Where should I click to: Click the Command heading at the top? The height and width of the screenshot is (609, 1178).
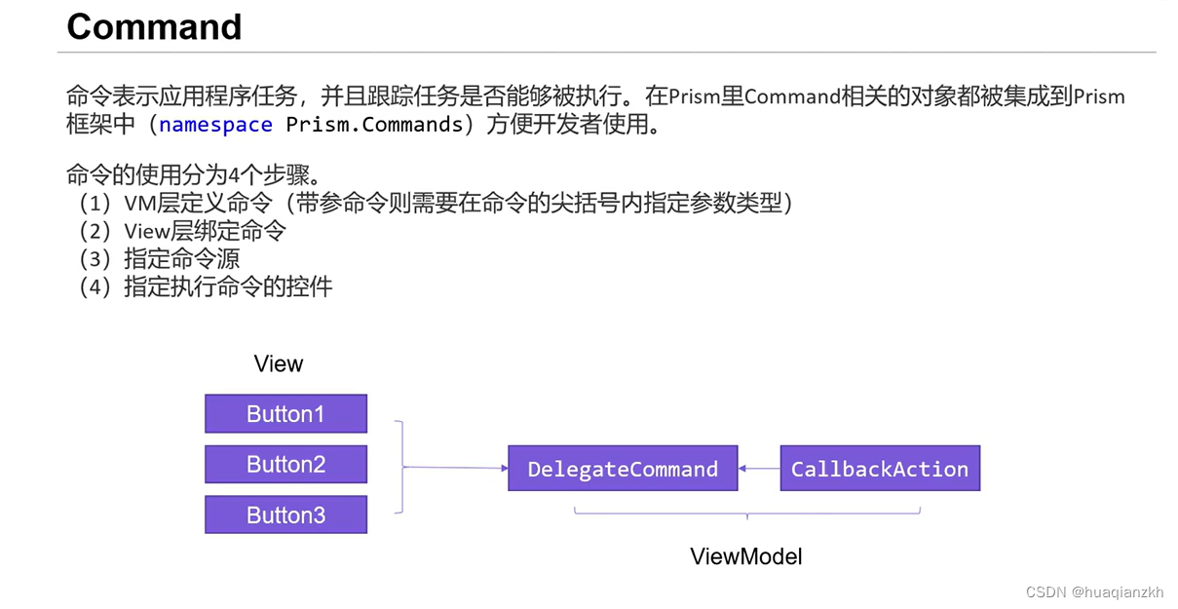(x=154, y=26)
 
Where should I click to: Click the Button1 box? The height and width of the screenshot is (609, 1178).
(x=285, y=414)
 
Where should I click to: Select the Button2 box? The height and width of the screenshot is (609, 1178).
(x=285, y=465)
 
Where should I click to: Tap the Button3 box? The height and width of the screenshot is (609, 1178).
(x=285, y=515)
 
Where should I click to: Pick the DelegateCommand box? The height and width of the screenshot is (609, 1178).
(x=623, y=469)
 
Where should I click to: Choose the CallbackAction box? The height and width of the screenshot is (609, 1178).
(x=880, y=469)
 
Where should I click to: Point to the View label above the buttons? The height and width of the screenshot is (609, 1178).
(x=279, y=364)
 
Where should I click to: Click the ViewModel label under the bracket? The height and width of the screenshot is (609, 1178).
(x=745, y=557)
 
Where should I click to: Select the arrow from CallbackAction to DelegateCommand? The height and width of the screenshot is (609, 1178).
(x=759, y=469)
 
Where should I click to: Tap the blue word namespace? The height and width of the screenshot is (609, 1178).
(x=215, y=125)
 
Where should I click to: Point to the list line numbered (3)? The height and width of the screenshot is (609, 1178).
(x=160, y=259)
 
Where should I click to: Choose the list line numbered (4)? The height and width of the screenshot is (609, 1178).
(x=206, y=286)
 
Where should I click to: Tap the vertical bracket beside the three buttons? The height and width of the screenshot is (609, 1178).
(x=399, y=468)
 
